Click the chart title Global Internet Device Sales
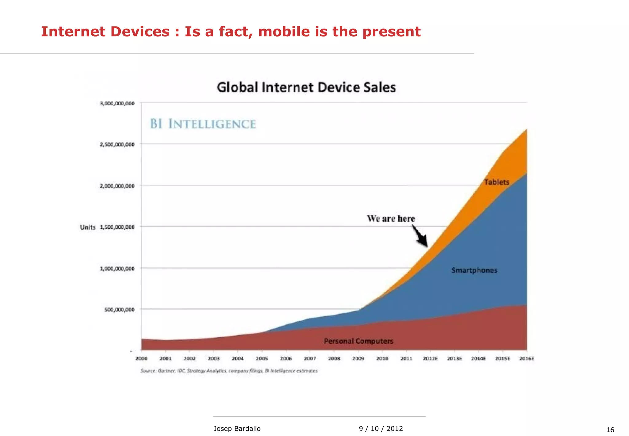[306, 87]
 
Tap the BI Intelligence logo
[203, 124]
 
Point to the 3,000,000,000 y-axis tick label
[117, 104]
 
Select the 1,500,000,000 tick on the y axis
[117, 227]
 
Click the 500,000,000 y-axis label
[119, 310]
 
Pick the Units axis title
[88, 227]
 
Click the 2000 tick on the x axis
[141, 359]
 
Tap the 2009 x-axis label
[358, 359]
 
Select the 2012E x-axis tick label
[430, 359]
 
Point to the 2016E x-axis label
[526, 359]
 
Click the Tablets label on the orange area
[497, 182]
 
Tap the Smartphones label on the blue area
[474, 270]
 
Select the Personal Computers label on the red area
[358, 341]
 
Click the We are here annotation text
[391, 219]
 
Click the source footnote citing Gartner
[229, 371]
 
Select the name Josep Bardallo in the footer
[237, 429]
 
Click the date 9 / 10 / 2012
[381, 429]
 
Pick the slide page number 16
[610, 430]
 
